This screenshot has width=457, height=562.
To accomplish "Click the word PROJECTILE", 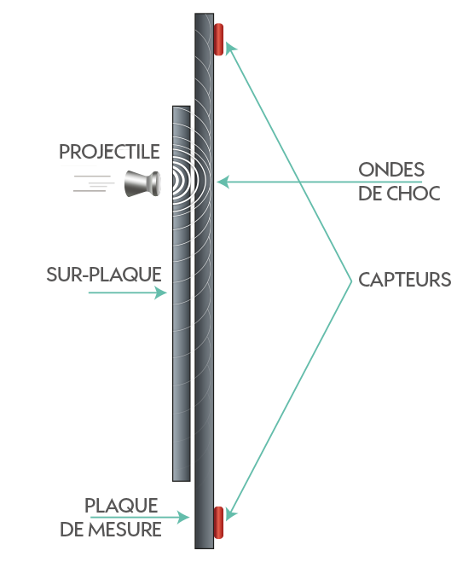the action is pyautogui.click(x=109, y=152).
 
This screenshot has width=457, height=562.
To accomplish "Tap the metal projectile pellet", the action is pyautogui.click(x=142, y=184).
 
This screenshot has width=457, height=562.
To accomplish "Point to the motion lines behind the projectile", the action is pyautogui.click(x=93, y=183).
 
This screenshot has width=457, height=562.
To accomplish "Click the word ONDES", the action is pyautogui.click(x=391, y=170).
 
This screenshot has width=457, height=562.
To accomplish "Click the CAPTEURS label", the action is pyautogui.click(x=405, y=280).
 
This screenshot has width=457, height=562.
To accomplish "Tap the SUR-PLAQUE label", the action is pyautogui.click(x=104, y=275).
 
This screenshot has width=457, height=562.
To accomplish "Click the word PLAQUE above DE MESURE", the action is pyautogui.click(x=121, y=506).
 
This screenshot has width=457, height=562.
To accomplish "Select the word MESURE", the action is pyautogui.click(x=125, y=530).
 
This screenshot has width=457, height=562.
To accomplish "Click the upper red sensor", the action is pyautogui.click(x=218, y=39).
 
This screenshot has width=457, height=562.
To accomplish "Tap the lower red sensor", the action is pyautogui.click(x=218, y=522).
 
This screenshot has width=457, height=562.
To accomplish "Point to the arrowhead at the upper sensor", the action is pyautogui.click(x=229, y=48).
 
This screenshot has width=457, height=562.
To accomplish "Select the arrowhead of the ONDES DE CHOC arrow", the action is pyautogui.click(x=223, y=183).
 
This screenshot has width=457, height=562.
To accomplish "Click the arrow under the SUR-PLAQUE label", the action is pyautogui.click(x=128, y=293).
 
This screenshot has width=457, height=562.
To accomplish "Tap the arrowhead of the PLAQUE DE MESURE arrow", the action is pyautogui.click(x=183, y=517).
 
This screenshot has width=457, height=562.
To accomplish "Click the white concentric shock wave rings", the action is pyautogui.click(x=185, y=181).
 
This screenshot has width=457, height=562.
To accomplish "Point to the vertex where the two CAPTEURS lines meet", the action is pyautogui.click(x=351, y=281).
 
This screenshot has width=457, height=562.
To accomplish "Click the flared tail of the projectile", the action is pyautogui.click(x=133, y=184).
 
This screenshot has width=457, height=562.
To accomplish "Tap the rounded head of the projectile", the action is pyautogui.click(x=156, y=183).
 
